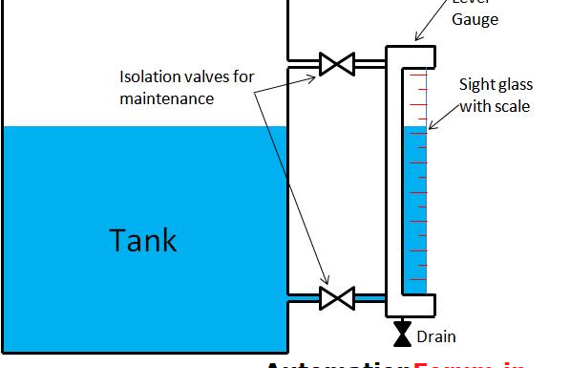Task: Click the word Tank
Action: pyautogui.click(x=143, y=239)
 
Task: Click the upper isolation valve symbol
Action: pyautogui.click(x=335, y=65)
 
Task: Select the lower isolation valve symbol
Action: pyautogui.click(x=335, y=297)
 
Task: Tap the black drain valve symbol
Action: pyautogui.click(x=403, y=334)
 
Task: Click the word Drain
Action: pyautogui.click(x=436, y=336)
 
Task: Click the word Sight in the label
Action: pyautogui.click(x=476, y=83)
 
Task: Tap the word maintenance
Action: pyautogui.click(x=166, y=98)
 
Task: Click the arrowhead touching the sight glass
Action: pyautogui.click(x=430, y=127)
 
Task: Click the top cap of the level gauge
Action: pyautogui.click(x=411, y=55)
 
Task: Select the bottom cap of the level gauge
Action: pyautogui.click(x=411, y=305)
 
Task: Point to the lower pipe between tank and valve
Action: pyautogui.click(x=304, y=298)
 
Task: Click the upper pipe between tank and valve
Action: pyautogui.click(x=304, y=65)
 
